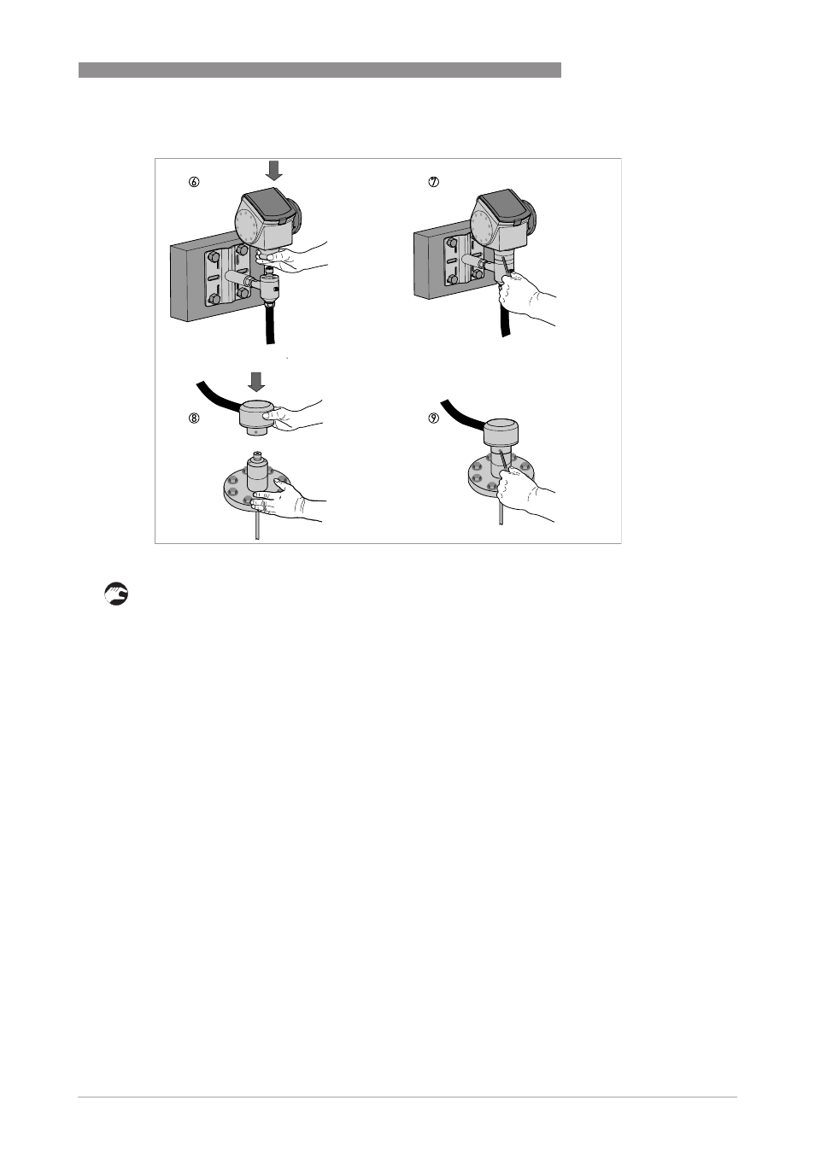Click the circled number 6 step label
point(194,182)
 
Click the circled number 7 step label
point(434,182)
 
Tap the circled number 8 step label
point(194,418)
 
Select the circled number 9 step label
point(434,418)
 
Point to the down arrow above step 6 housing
point(274,170)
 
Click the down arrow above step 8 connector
point(256,382)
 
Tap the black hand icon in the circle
point(116,594)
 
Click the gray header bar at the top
point(320,70)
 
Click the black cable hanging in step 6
point(270,325)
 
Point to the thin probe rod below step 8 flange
point(257,524)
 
